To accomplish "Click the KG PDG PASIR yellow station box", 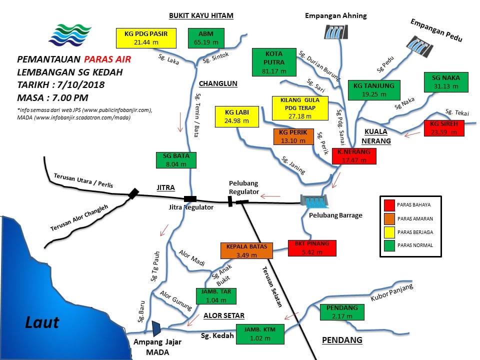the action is pyautogui.click(x=146, y=38).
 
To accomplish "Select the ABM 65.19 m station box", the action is pyautogui.click(x=206, y=38).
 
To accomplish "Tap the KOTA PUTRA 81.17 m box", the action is pyautogui.click(x=274, y=62).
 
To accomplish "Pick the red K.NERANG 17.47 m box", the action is pyautogui.click(x=354, y=156).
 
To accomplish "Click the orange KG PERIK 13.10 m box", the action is pyautogui.click(x=293, y=136).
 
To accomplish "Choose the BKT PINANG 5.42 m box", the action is pyautogui.click(x=312, y=248).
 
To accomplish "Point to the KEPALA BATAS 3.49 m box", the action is pyautogui.click(x=246, y=250).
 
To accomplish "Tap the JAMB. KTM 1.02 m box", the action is pyautogui.click(x=260, y=334).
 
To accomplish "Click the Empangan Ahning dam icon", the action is pyautogui.click(x=336, y=32).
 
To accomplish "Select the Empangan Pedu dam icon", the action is pyautogui.click(x=419, y=46).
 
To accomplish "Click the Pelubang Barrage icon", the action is pyautogui.click(x=314, y=201).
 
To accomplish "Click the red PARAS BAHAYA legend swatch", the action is pyautogui.click(x=389, y=205).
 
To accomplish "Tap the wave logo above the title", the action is pyautogui.click(x=70, y=35).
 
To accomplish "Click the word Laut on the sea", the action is pyautogui.click(x=42, y=322).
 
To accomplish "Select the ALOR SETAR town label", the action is pyautogui.click(x=224, y=315).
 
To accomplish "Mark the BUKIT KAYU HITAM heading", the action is pyautogui.click(x=201, y=15).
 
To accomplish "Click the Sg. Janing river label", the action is pyautogui.click(x=293, y=165).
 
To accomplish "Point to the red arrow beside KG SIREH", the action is pyautogui.click(x=412, y=134).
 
